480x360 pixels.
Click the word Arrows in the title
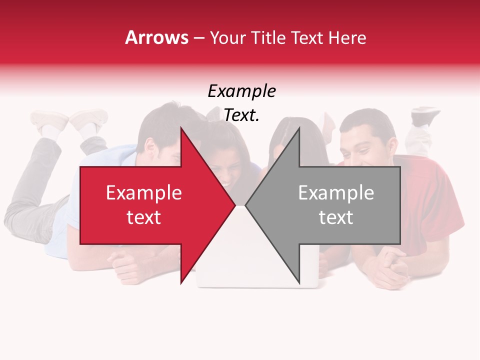(x=156, y=37)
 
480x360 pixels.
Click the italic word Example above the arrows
(x=241, y=91)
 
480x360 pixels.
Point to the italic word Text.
(x=241, y=115)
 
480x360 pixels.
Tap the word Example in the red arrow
(x=143, y=193)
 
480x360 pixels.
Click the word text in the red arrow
(x=143, y=217)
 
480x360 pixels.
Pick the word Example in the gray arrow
(x=336, y=193)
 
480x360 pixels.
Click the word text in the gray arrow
(x=336, y=217)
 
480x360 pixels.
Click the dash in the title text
(x=199, y=38)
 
